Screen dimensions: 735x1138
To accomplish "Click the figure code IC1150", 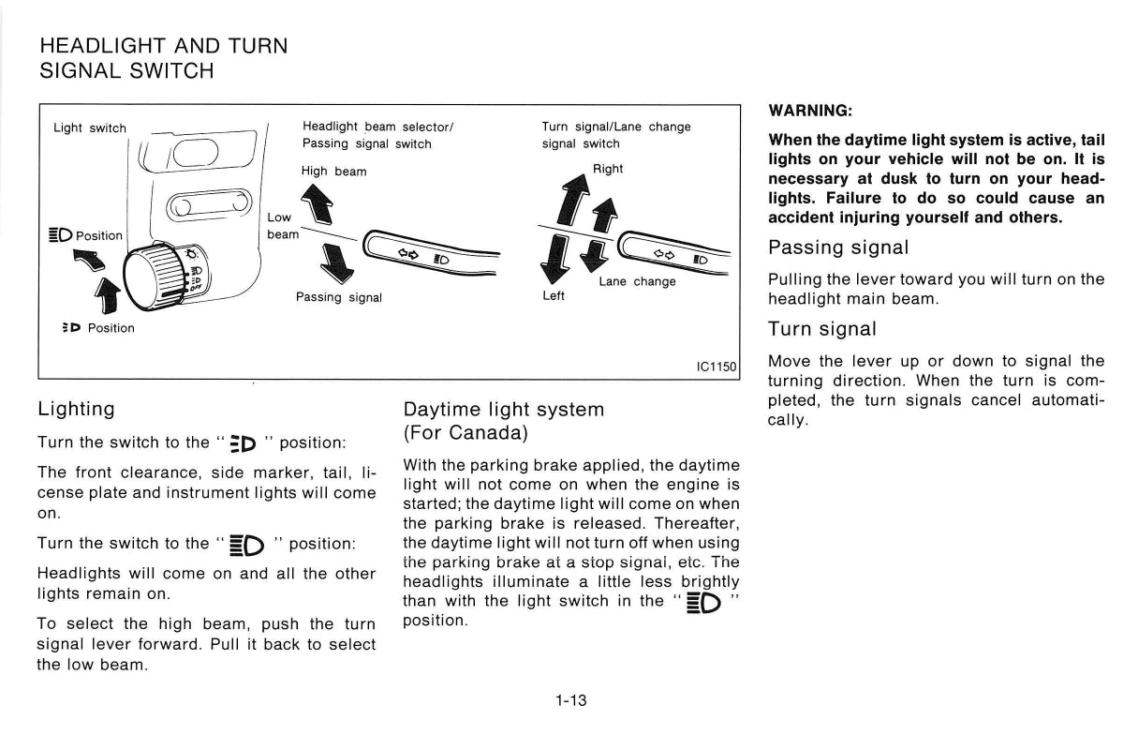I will point(717,367).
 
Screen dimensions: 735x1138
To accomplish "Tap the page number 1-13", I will point(570,699).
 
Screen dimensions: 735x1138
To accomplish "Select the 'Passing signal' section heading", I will point(837,248).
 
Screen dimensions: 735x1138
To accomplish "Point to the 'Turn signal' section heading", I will point(822,329).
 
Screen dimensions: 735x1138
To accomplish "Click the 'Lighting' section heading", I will point(76,410).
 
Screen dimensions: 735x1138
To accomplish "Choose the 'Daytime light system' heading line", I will point(503,410).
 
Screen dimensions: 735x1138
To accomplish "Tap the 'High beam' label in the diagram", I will point(333,172).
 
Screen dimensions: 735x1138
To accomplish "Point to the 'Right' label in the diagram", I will point(607,169).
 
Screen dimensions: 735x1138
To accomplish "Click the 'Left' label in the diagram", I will point(554,296).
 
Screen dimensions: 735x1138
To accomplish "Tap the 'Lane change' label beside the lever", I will point(637,281).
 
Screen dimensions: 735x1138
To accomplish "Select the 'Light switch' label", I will point(90,128).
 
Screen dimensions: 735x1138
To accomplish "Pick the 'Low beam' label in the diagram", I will point(281,226).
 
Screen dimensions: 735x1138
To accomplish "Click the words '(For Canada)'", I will point(466,434).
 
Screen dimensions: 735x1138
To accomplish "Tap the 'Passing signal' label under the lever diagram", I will point(339,297).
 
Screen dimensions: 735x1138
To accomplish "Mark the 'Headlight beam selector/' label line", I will point(377,127).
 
